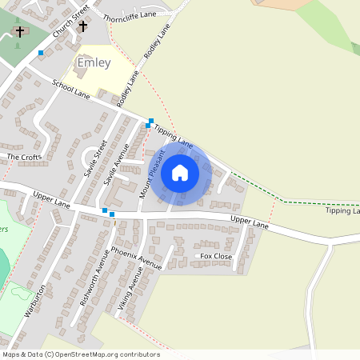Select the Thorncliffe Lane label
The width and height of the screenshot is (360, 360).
[x=129, y=14]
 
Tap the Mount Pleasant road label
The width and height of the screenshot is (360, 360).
[x=151, y=174]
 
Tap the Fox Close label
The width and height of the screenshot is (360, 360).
[x=216, y=256]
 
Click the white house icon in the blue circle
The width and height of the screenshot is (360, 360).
[x=180, y=172]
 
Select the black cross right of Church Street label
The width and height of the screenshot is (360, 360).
[x=82, y=26]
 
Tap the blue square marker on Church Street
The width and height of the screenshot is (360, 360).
[x=41, y=53]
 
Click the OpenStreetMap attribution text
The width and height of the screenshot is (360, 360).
[x=81, y=354]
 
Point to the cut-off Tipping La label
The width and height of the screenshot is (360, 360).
[x=342, y=211]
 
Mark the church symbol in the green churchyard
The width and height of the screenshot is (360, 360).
[x=20, y=32]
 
